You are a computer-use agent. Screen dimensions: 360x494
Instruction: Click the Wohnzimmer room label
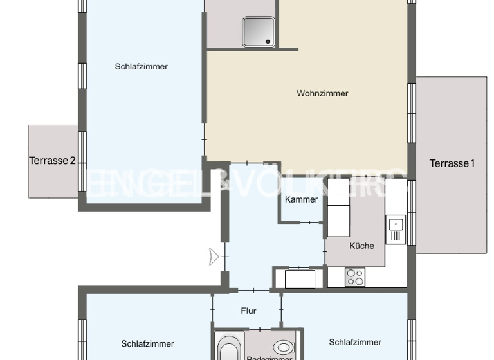pos(322,93)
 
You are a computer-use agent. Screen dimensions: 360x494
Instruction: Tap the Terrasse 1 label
pos(452,163)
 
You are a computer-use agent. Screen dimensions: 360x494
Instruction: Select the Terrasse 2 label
pos(53,161)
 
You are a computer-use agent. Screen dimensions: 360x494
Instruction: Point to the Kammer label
pos(301,199)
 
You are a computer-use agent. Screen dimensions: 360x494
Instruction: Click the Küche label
pos(361,246)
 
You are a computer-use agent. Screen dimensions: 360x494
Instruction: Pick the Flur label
pos(248,310)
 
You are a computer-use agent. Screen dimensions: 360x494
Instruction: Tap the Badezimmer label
pos(270,357)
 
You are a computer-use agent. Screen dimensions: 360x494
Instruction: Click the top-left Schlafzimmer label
pos(142,66)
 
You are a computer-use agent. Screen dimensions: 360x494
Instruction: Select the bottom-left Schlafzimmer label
pos(147,344)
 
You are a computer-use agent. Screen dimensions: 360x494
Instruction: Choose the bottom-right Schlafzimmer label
pos(355,342)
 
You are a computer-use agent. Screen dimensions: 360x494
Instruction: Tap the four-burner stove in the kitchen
pos(355,277)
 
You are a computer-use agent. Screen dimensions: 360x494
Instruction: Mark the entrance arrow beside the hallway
pos(214,257)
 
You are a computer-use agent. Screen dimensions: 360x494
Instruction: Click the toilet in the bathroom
pos(283,347)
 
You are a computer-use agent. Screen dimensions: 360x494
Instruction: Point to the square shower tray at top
pos(259,32)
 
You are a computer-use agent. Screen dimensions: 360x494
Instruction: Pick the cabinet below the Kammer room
pos(300,279)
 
